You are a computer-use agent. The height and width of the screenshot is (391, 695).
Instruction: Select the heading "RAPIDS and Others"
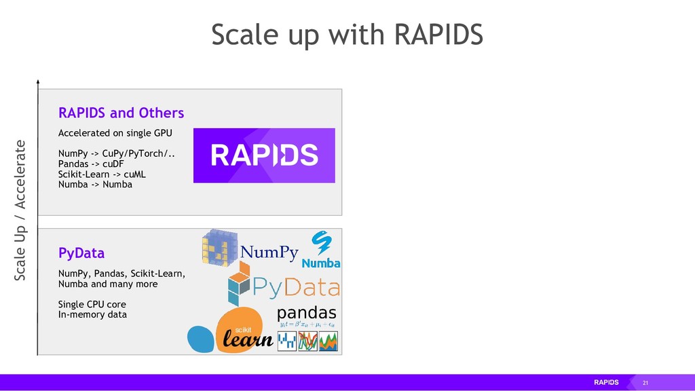pyautogui.click(x=121, y=112)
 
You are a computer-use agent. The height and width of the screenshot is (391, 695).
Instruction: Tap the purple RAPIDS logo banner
pyautogui.click(x=264, y=155)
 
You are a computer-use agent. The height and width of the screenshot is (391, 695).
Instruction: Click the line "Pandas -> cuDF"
pyautogui.click(x=90, y=164)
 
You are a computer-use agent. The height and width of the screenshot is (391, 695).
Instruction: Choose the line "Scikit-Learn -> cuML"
pyautogui.click(x=102, y=174)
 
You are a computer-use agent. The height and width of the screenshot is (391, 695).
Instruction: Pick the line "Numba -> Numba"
pyautogui.click(x=95, y=184)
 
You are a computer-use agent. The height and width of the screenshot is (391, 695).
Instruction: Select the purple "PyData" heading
pyautogui.click(x=81, y=253)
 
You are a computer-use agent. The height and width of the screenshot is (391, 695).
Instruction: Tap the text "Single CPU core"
pyautogui.click(x=92, y=304)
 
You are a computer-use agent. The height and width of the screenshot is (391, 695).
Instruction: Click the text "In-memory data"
pyautogui.click(x=92, y=314)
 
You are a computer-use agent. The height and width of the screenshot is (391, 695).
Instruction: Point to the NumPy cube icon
pyautogui.click(x=221, y=248)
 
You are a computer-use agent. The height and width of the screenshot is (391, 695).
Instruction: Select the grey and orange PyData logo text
pyautogui.click(x=295, y=288)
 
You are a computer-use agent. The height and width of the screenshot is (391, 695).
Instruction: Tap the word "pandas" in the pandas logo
pyautogui.click(x=306, y=313)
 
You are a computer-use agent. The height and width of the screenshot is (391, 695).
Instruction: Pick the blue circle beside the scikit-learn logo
pyautogui.click(x=200, y=339)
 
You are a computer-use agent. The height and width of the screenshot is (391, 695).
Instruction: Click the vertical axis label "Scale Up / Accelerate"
pyautogui.click(x=20, y=210)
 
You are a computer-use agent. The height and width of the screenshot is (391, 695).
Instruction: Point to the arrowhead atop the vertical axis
pyautogui.click(x=38, y=82)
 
